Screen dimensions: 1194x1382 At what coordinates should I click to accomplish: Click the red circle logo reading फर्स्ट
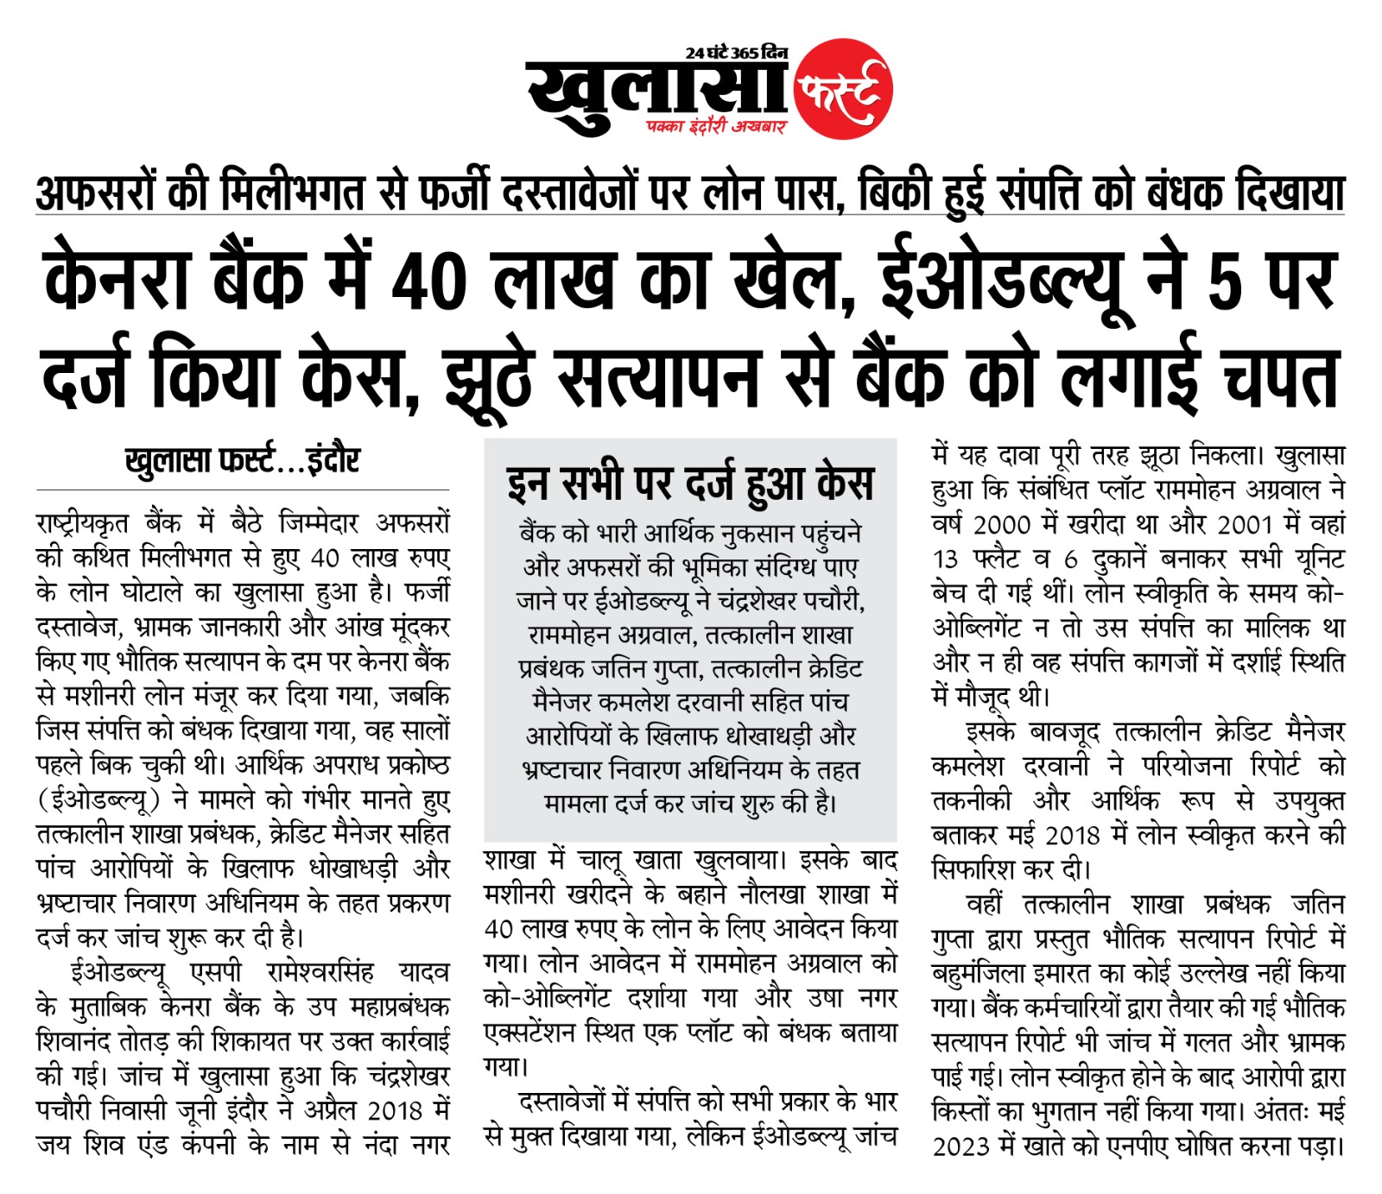click(842, 89)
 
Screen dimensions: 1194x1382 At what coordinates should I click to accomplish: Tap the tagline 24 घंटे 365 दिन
click(736, 53)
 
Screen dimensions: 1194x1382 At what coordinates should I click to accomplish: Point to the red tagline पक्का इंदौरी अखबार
click(716, 127)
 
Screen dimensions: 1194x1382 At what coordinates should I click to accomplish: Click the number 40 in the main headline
click(429, 281)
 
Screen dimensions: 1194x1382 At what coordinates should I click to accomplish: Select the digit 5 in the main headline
click(1226, 283)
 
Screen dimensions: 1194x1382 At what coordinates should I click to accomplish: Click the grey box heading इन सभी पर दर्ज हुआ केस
click(690, 483)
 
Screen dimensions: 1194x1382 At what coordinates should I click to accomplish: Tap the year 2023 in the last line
click(960, 1147)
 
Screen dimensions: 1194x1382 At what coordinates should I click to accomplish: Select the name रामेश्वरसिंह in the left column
click(320, 973)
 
